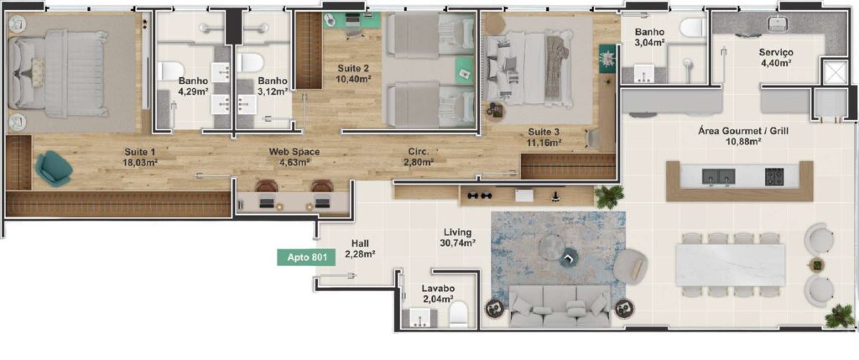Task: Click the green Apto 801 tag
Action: click(x=306, y=258)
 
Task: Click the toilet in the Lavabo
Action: click(x=458, y=315)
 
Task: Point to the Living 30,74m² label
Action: click(x=457, y=237)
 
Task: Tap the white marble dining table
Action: click(x=731, y=264)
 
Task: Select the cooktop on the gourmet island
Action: click(x=774, y=176)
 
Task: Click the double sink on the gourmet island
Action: click(x=719, y=176)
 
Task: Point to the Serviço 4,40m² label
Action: click(x=776, y=58)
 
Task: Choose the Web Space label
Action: click(x=294, y=157)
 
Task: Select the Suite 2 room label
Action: click(x=353, y=74)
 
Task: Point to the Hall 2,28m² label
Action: click(x=360, y=248)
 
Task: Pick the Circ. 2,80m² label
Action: click(x=421, y=157)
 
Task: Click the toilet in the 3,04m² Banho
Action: click(x=693, y=28)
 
